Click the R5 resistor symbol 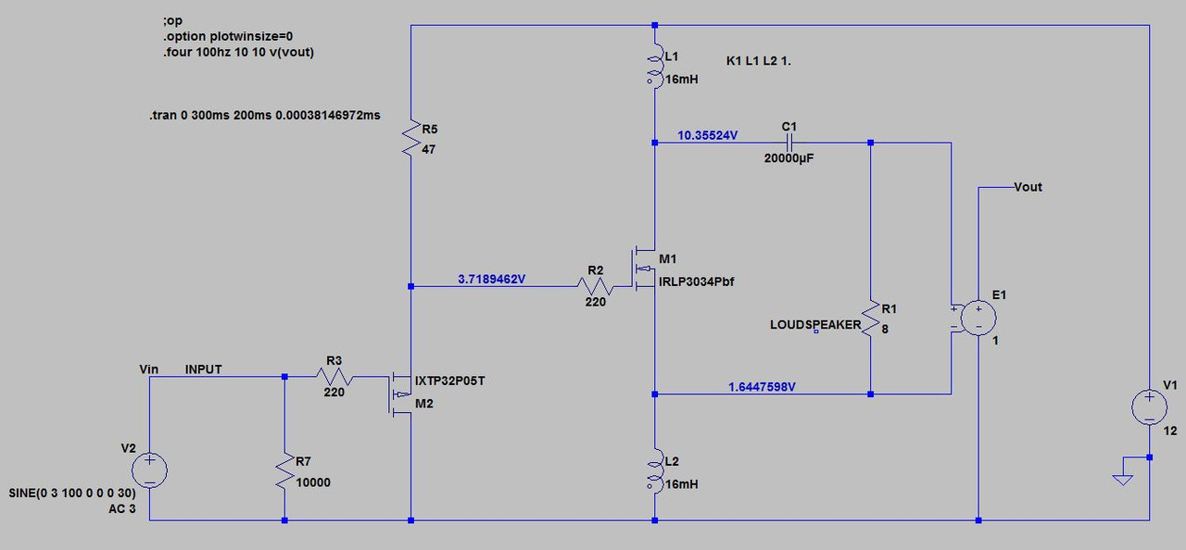pos(410,138)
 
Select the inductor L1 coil pos(655,66)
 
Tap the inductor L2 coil pos(655,471)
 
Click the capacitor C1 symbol pos(789,143)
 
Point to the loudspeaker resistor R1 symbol pos(870,319)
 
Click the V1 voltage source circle pos(1149,406)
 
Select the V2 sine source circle pos(149,470)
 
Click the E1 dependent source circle pos(978,318)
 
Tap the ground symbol pos(1122,480)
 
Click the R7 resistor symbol pos(284,470)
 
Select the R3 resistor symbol pos(334,377)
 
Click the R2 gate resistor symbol pos(595,286)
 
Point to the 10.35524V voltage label pos(707,135)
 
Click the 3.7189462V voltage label pos(491,279)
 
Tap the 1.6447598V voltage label pos(762,387)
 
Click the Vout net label pos(1028,187)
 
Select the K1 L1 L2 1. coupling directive pos(758,61)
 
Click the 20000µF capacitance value pos(789,158)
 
